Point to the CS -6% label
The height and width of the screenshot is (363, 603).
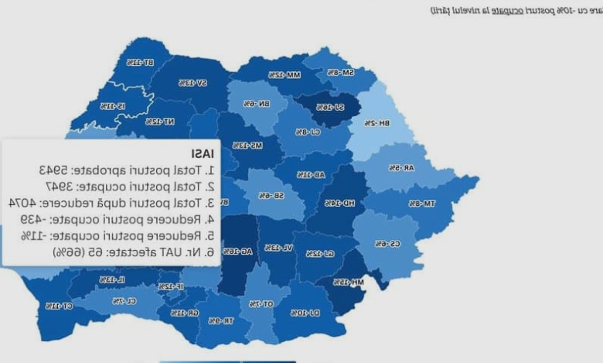click(x=387, y=244)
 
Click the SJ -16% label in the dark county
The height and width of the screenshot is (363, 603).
click(x=329, y=107)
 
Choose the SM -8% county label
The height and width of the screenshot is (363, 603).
click(x=340, y=72)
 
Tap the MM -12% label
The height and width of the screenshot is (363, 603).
click(x=284, y=75)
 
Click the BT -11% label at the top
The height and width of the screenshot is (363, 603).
click(x=139, y=62)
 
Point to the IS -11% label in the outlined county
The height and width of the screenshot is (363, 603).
click(x=112, y=105)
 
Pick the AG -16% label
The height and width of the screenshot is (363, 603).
click(x=229, y=252)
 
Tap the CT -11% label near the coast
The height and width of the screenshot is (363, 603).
click(x=59, y=306)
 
